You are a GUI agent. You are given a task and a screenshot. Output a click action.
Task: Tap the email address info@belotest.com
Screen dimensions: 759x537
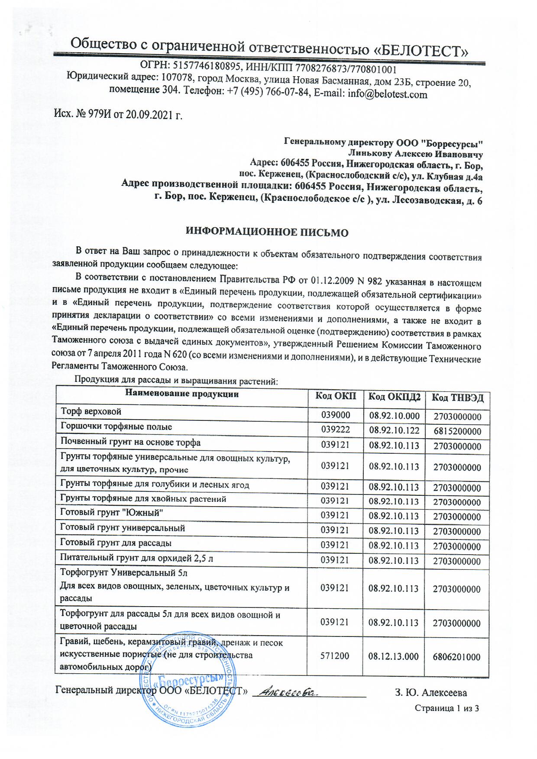[387, 94]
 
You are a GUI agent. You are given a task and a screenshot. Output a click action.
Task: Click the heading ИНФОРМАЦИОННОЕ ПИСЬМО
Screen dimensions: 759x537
[267, 233]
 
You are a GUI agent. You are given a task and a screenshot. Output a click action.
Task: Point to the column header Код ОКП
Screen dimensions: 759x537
[335, 396]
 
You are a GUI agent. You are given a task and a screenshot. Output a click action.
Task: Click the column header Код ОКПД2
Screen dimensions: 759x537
[394, 397]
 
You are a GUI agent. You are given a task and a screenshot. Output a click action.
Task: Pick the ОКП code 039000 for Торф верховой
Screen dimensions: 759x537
[335, 415]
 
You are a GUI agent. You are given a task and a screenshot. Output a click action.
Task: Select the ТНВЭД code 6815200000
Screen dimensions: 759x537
[457, 432]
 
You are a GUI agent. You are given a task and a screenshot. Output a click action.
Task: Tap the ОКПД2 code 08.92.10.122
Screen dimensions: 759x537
[394, 430]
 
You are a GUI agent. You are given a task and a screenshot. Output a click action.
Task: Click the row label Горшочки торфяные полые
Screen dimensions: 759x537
[116, 427]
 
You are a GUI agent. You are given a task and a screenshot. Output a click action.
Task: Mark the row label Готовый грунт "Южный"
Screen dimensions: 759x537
[112, 513]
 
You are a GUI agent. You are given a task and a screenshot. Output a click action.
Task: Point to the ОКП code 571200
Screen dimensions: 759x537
[335, 656]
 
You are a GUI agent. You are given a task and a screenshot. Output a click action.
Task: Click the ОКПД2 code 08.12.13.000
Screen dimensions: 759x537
[394, 656]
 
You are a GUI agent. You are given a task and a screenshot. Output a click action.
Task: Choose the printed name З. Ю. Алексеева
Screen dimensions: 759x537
[430, 693]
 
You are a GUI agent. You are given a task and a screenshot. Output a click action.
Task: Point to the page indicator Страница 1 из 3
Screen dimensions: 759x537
[446, 709]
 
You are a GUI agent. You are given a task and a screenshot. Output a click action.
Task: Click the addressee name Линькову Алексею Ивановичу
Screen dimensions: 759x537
[415, 154]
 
